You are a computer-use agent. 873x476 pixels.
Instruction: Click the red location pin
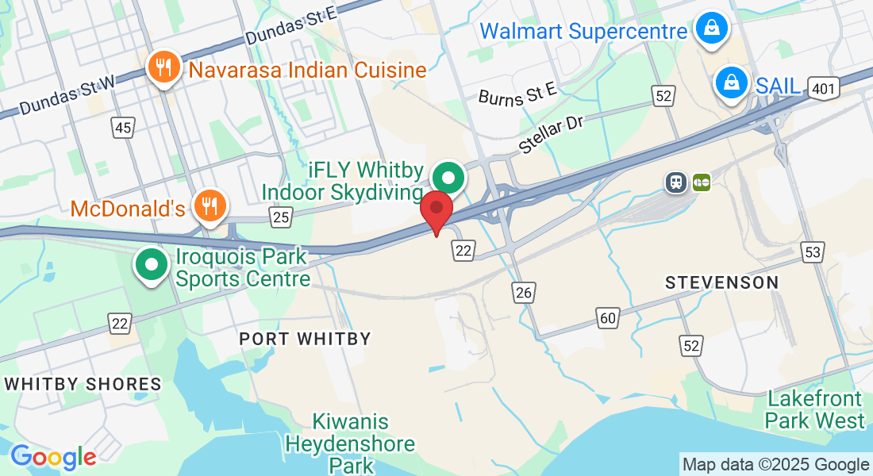tap(436, 210)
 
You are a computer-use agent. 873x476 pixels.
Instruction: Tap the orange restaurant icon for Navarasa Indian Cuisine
tap(164, 68)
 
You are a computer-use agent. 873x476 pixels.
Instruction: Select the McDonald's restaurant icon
tap(210, 205)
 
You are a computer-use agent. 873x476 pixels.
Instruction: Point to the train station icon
tap(676, 182)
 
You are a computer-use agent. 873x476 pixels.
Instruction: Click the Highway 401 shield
tap(825, 89)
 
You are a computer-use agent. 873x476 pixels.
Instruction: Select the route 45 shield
tap(122, 128)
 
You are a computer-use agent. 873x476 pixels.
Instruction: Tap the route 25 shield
tap(281, 216)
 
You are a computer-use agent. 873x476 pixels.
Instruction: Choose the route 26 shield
tap(523, 293)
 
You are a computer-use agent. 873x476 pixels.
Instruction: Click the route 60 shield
tap(608, 318)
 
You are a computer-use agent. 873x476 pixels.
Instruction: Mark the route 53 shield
tap(813, 252)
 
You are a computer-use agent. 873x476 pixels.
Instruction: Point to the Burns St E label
tap(517, 95)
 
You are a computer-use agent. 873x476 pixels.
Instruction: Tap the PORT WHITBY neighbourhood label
tap(306, 339)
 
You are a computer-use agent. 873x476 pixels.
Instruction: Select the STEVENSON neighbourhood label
tap(721, 282)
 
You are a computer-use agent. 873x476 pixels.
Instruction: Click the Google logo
tap(53, 457)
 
